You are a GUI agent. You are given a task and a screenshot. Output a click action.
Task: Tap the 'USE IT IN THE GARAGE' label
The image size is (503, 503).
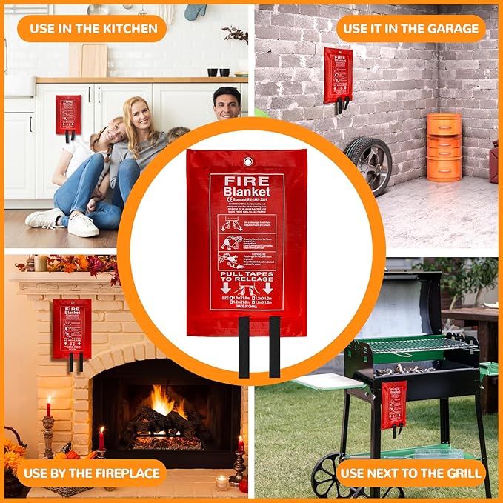point(410,29)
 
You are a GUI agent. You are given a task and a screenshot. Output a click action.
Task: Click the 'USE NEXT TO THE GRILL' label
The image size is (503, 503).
point(410,473)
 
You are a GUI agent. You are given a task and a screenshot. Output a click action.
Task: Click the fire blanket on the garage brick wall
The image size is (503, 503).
point(338,75)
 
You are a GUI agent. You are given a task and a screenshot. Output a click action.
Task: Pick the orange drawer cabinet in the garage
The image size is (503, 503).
point(444,147)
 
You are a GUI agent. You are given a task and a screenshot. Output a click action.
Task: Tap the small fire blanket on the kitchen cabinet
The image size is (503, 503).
point(68,113)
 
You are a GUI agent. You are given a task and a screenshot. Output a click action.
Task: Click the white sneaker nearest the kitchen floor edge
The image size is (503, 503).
point(82,224)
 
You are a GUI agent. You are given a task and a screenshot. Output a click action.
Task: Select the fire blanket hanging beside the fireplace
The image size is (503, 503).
point(72,328)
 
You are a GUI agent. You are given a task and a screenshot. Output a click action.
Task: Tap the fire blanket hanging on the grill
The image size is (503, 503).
point(393,404)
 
